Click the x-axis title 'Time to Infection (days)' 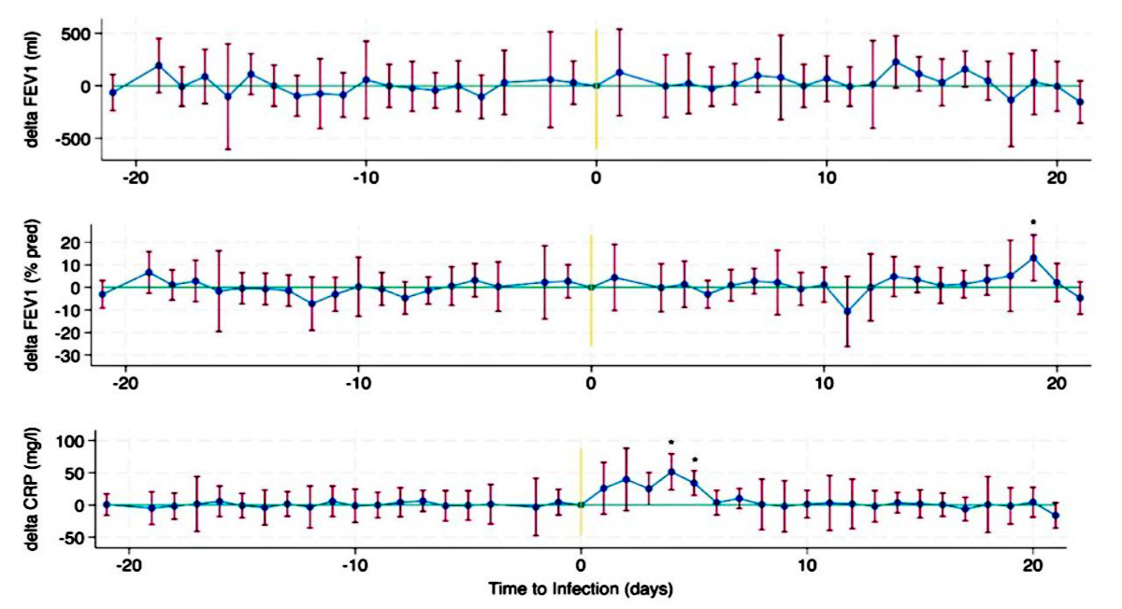coord(581,590)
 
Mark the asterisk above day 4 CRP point coord(671,443)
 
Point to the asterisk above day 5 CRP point coord(694,460)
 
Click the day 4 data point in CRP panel coord(671,472)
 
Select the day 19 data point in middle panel coord(1033,258)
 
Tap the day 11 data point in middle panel coord(847,311)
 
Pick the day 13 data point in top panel coord(896,62)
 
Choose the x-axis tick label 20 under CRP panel coord(1032,568)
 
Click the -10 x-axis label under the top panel coord(365,178)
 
